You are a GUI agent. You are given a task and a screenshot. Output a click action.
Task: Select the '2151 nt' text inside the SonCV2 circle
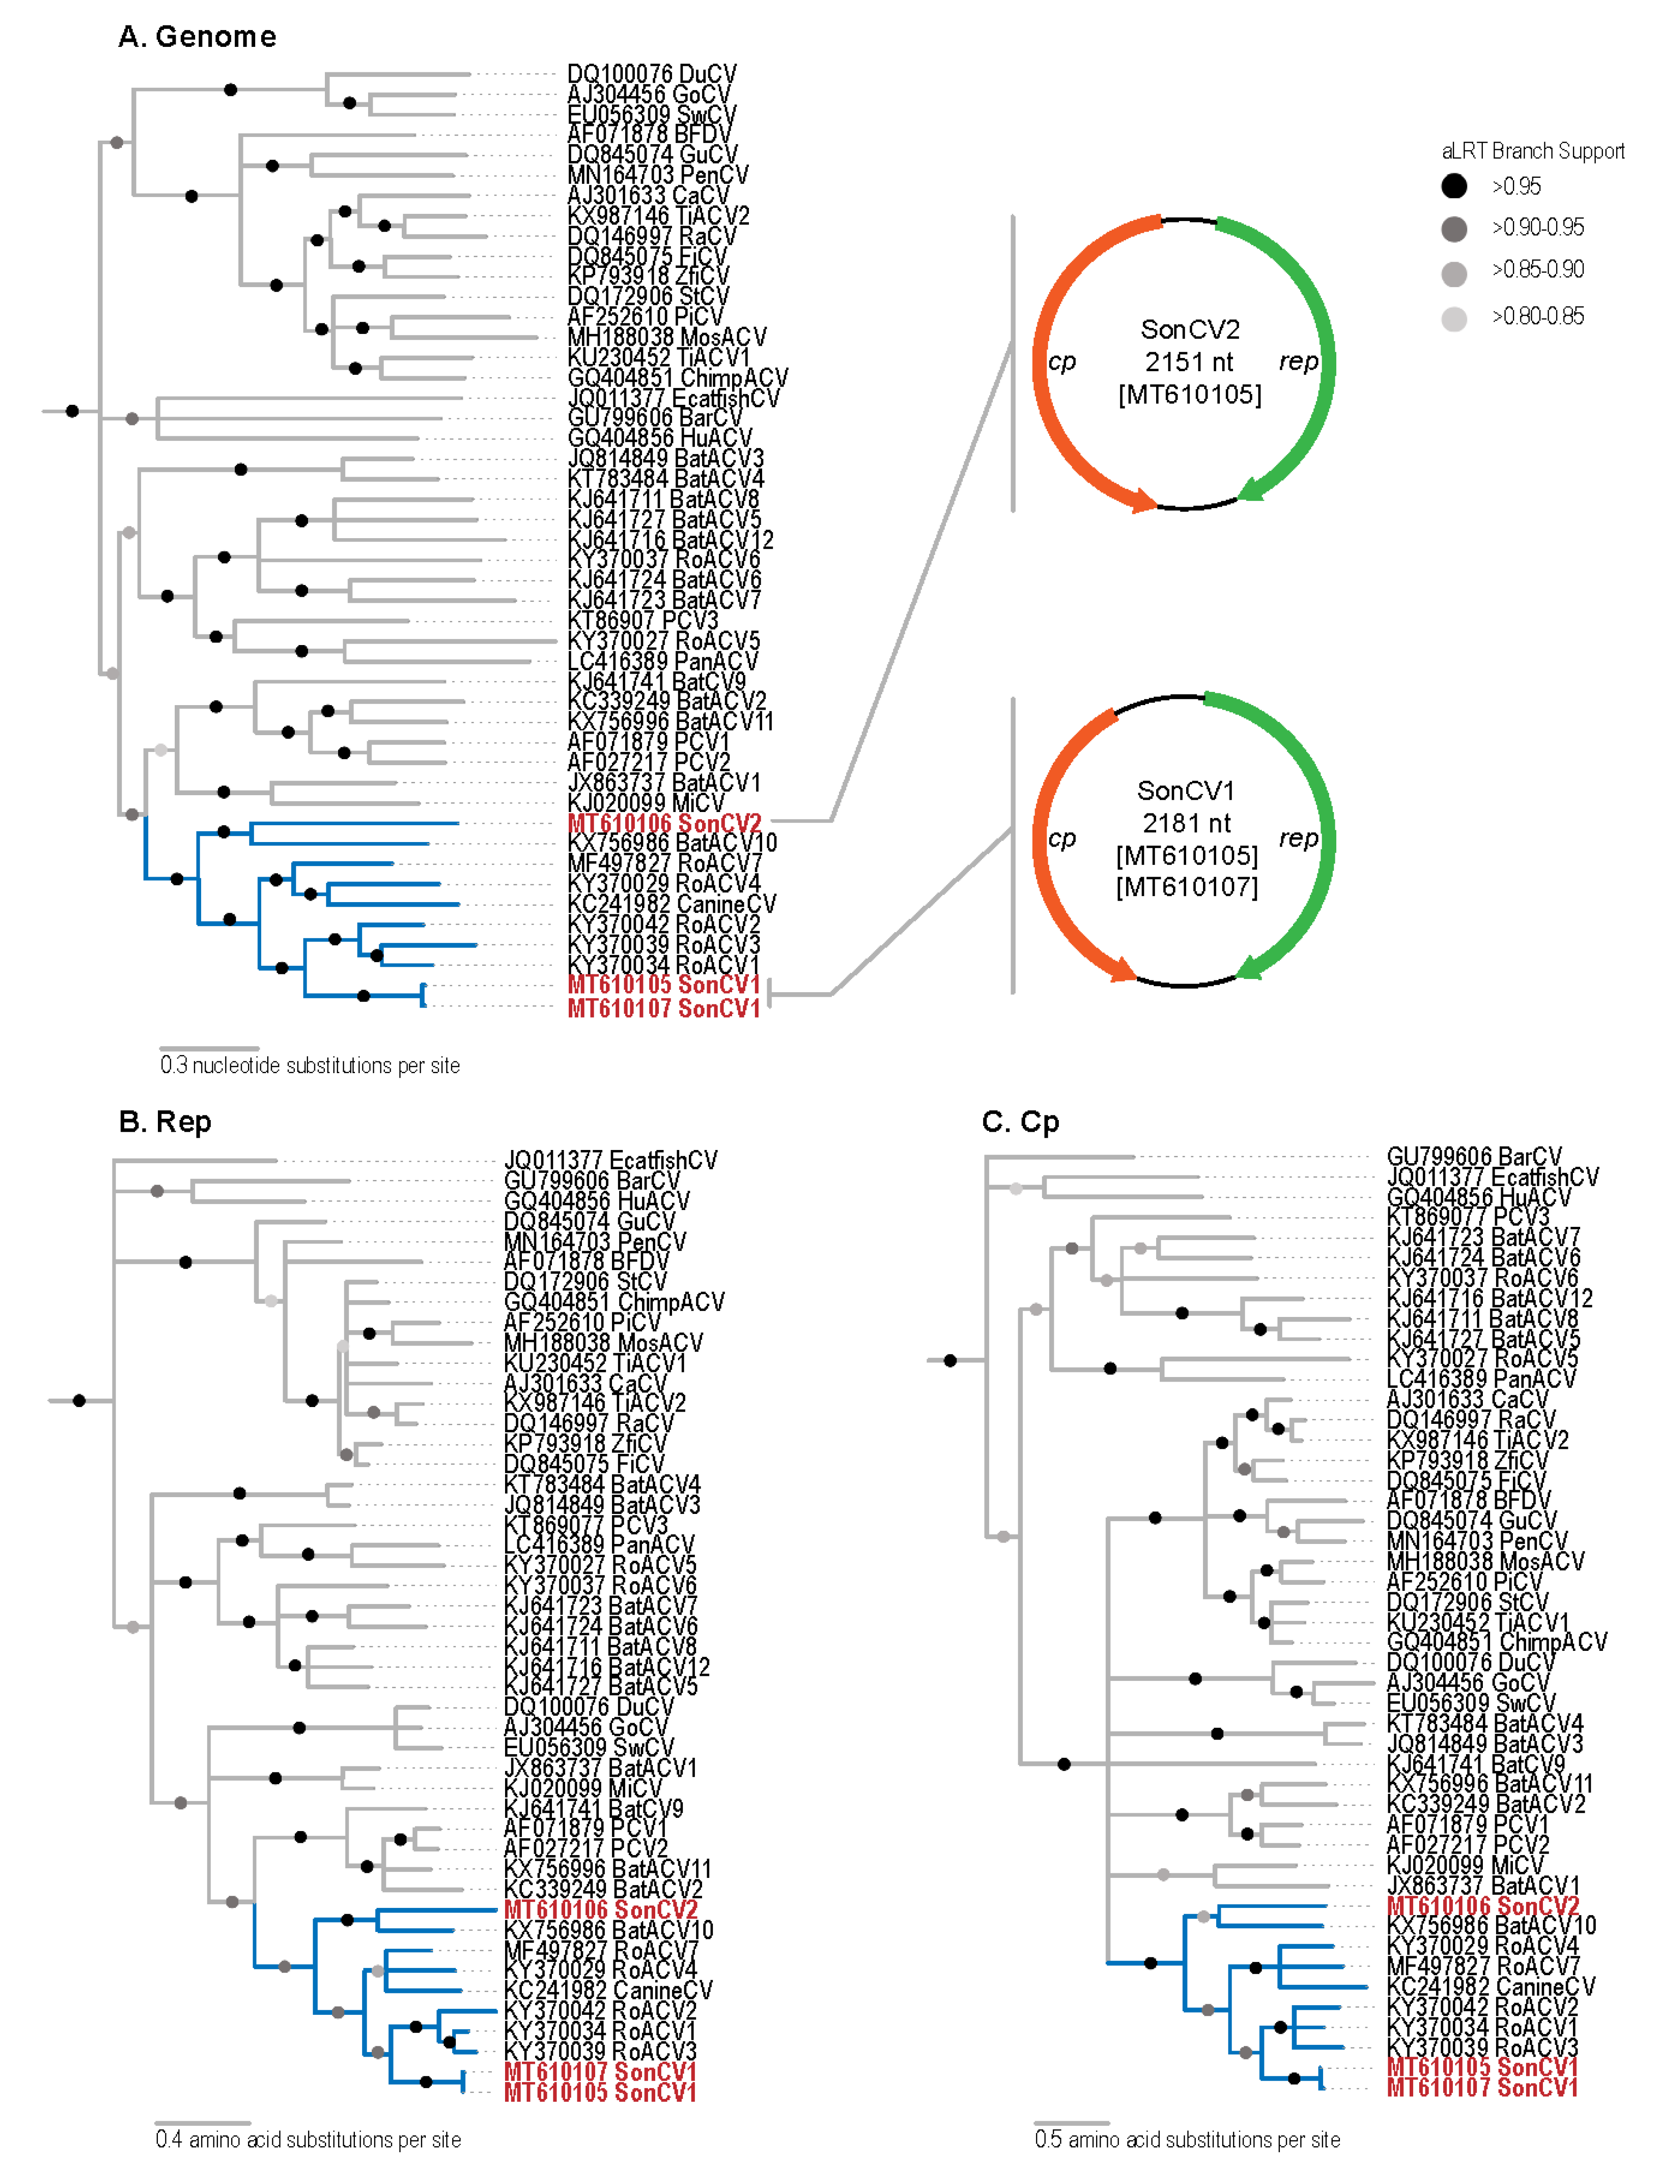click(1188, 362)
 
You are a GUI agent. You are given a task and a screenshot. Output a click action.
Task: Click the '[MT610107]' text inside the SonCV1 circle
click(1187, 888)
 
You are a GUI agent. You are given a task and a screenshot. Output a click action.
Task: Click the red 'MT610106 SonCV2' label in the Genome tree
click(664, 823)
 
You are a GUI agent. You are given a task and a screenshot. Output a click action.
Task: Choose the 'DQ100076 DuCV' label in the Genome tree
click(652, 74)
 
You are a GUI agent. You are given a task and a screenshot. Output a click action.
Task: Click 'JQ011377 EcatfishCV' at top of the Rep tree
click(610, 1160)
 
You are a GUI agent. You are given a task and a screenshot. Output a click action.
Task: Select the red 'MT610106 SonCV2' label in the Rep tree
click(600, 1909)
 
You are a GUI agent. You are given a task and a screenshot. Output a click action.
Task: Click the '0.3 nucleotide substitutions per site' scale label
click(310, 1065)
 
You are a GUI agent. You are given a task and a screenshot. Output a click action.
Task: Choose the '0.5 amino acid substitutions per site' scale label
click(1187, 2139)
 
